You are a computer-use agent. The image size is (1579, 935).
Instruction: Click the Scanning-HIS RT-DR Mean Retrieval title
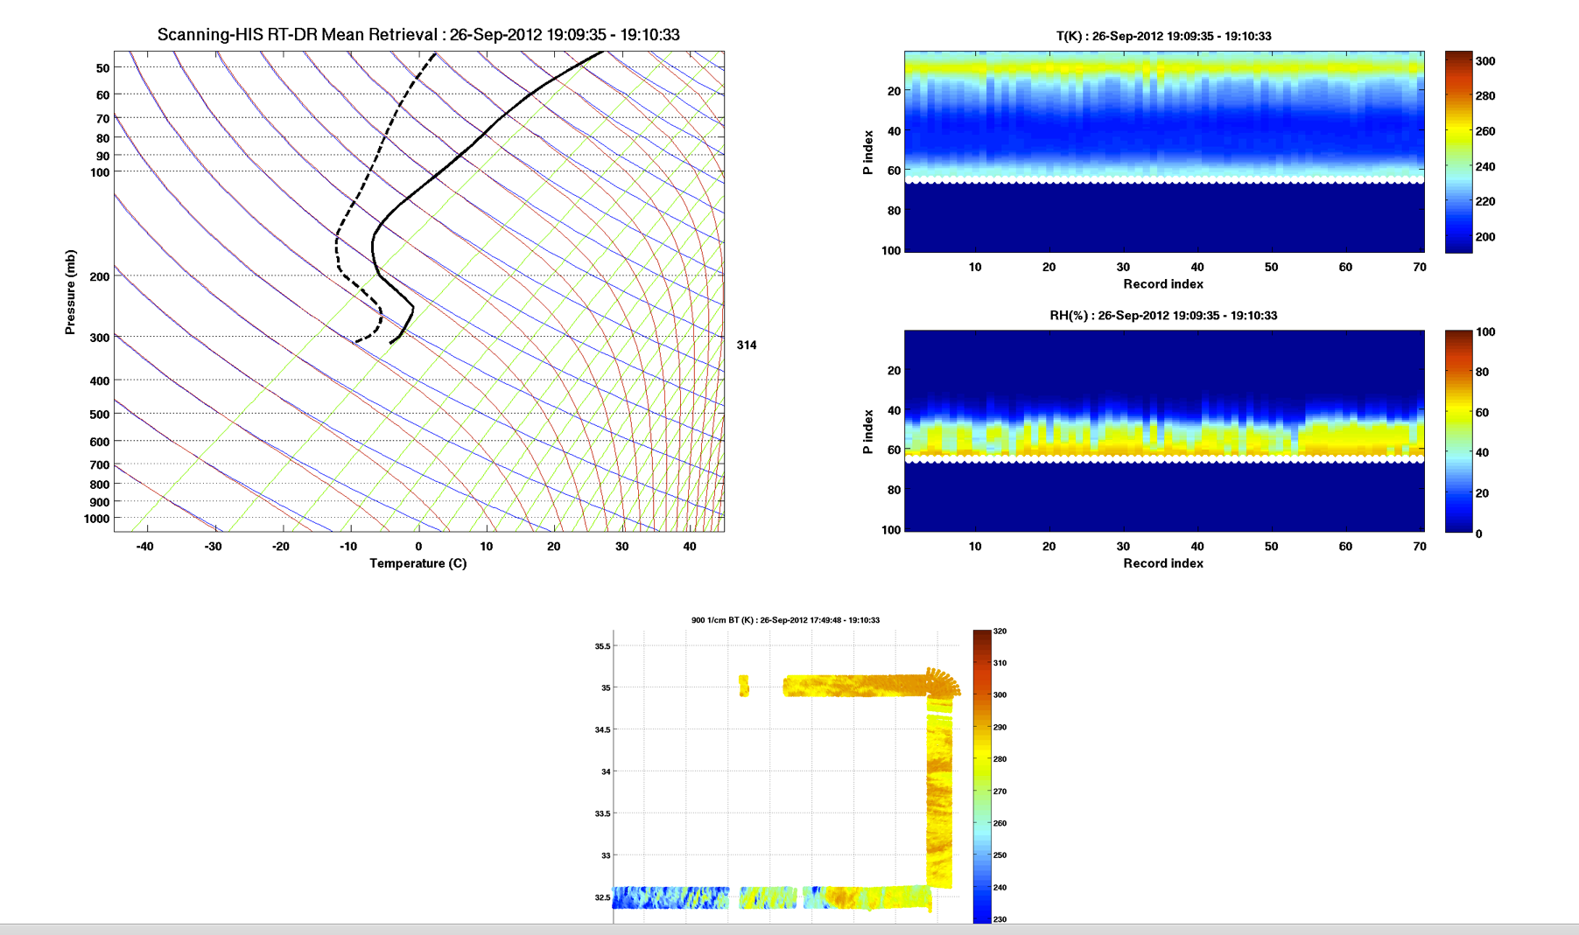[418, 35]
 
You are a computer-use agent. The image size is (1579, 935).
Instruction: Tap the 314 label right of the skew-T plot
[747, 345]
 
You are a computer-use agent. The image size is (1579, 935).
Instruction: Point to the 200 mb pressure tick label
[100, 277]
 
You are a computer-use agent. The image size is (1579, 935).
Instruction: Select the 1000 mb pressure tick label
[97, 520]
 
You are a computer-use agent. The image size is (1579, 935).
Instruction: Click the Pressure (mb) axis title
[70, 292]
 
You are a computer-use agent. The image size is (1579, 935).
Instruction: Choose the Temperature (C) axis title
[418, 563]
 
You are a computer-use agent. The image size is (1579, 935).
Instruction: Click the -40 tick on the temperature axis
[144, 547]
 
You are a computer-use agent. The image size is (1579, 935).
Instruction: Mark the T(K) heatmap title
[1163, 37]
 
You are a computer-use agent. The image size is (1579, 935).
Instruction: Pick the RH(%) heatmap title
[1163, 316]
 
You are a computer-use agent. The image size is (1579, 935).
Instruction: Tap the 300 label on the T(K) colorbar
[1485, 61]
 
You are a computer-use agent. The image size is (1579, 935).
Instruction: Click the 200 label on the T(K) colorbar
[1485, 237]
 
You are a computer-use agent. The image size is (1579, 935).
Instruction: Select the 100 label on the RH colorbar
[1485, 332]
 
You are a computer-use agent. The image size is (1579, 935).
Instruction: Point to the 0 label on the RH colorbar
[1479, 534]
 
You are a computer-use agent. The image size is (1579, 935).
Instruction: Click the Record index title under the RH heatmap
[1163, 563]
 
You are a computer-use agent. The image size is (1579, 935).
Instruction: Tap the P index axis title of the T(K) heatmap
[868, 153]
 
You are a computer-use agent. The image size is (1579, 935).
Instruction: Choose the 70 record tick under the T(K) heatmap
[1419, 268]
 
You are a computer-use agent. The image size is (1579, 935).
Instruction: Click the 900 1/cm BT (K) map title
[785, 620]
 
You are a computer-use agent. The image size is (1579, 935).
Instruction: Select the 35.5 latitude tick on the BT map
[602, 646]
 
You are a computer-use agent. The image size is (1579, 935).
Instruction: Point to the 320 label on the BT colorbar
[1000, 631]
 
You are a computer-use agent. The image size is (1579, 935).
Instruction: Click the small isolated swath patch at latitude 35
[744, 686]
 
